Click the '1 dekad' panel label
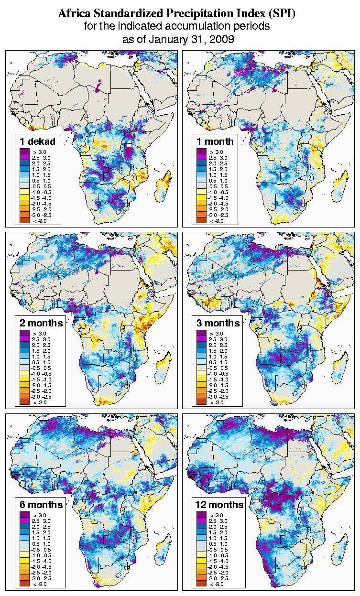point(38,141)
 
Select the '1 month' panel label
point(215,141)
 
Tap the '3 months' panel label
point(218,323)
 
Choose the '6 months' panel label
point(41,505)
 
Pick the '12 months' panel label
point(219,505)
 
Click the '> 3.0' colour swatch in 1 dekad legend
point(24,152)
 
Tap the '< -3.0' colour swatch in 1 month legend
point(201,221)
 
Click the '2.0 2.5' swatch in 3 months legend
point(201,345)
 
